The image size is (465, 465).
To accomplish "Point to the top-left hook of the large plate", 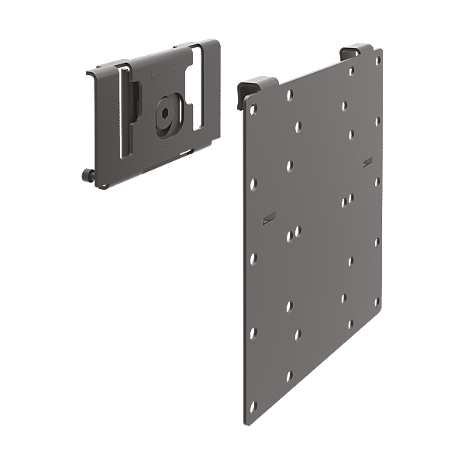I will click(x=247, y=88).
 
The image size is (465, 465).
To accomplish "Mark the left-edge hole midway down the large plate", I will click(x=253, y=257).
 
